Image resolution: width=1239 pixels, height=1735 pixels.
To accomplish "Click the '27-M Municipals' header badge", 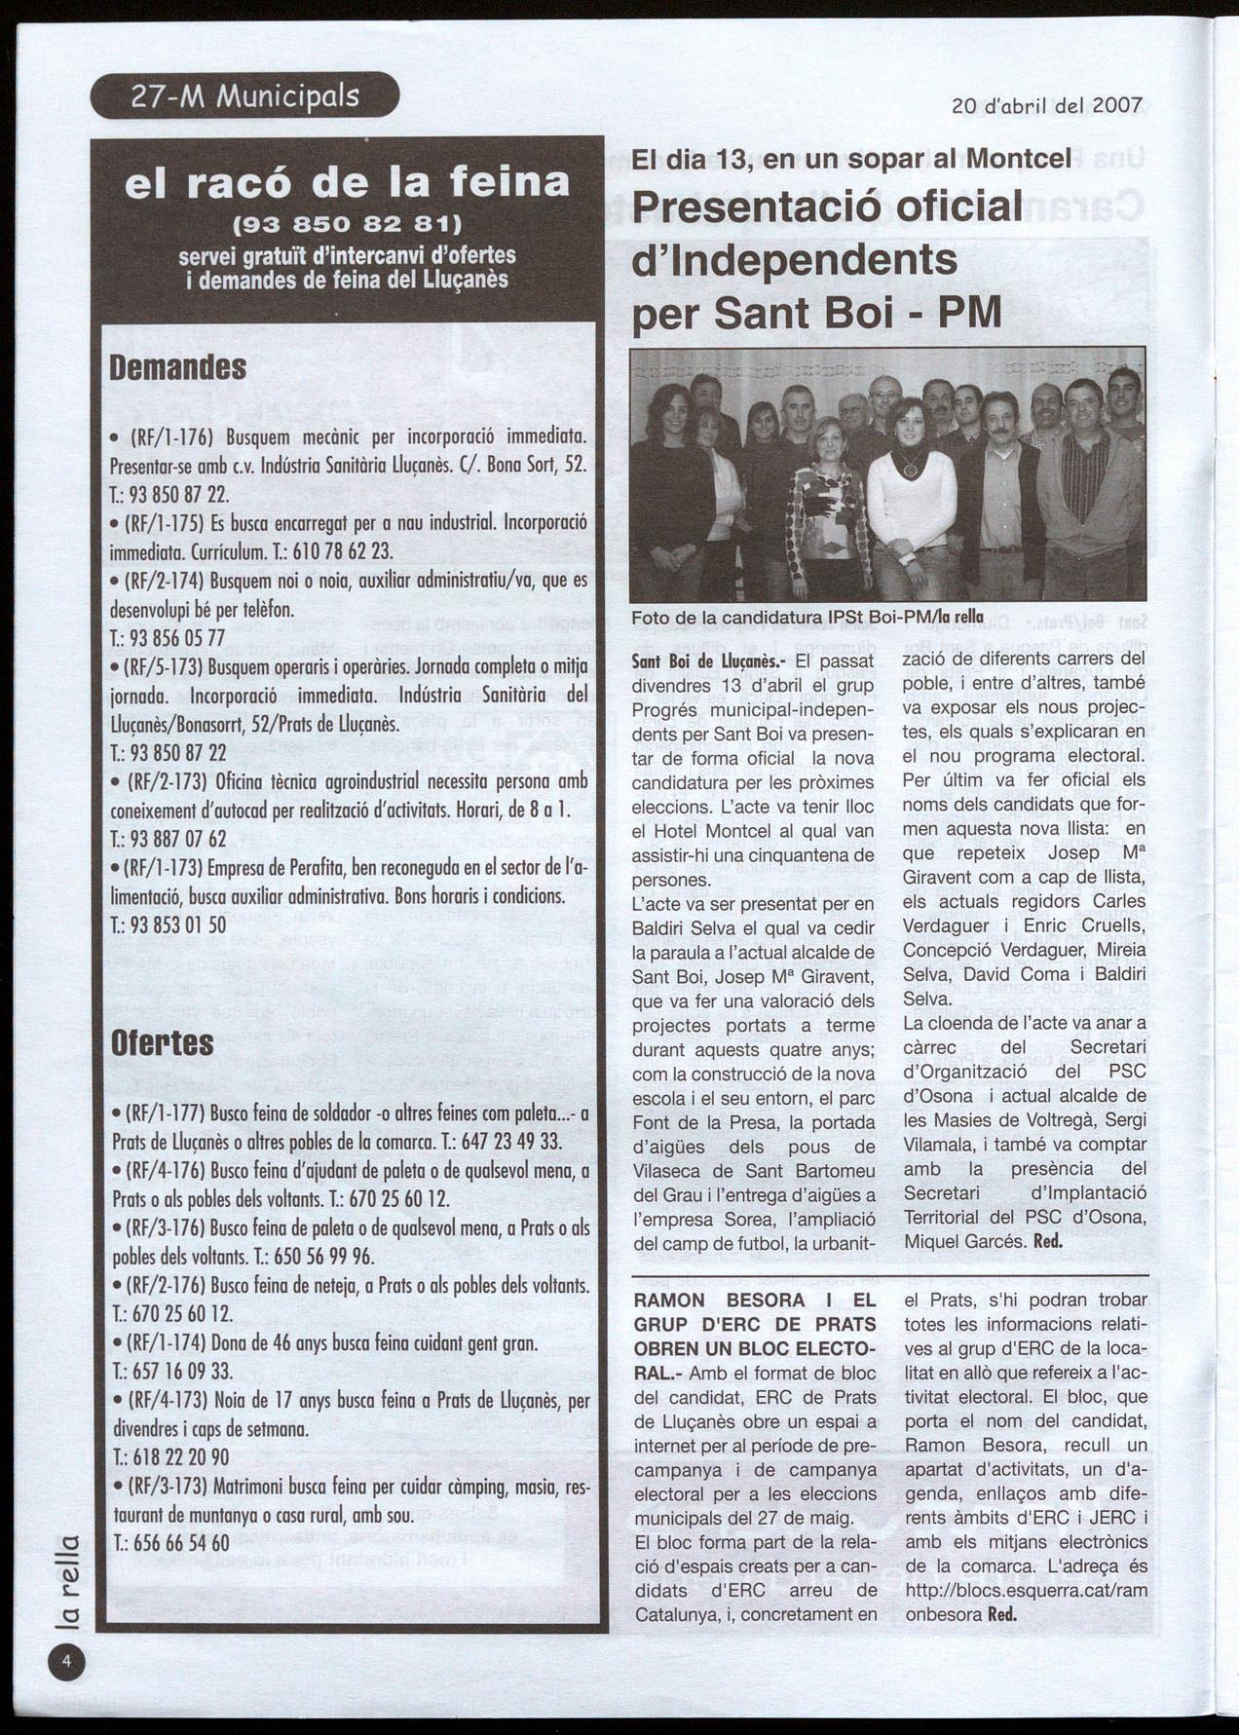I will pos(244,96).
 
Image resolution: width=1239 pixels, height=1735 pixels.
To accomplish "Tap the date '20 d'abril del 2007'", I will pos(1046,106).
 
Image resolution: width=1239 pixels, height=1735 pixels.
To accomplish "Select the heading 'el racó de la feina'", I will pos(348,183).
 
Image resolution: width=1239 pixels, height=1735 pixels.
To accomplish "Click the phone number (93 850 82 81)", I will pos(348,227).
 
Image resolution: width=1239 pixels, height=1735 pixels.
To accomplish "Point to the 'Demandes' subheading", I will pos(177,368).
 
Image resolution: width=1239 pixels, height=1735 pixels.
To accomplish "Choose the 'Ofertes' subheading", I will pos(162,1042).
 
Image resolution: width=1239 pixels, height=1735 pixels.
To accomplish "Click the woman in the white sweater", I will pos(911,507).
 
